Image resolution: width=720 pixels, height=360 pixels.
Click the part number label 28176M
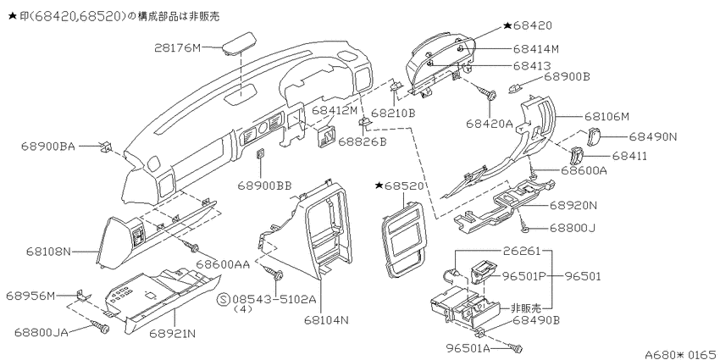[x=178, y=47]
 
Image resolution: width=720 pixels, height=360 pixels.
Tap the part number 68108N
[x=48, y=252]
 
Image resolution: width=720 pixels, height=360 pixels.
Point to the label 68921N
[x=172, y=333]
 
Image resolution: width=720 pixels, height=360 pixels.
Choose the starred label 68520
[x=398, y=186]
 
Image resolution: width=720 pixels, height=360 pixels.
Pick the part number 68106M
[x=606, y=117]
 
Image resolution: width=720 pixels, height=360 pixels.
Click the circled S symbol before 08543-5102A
[x=223, y=299]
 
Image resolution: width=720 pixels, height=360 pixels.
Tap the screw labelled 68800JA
[x=102, y=328]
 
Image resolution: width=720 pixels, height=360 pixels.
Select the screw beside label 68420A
[x=489, y=94]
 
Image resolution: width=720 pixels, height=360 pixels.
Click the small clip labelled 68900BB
[x=260, y=153]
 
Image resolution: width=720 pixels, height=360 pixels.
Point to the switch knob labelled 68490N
[x=592, y=136]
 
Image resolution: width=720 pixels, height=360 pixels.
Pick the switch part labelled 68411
[x=576, y=156]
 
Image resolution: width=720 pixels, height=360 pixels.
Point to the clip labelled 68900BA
[x=106, y=147]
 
